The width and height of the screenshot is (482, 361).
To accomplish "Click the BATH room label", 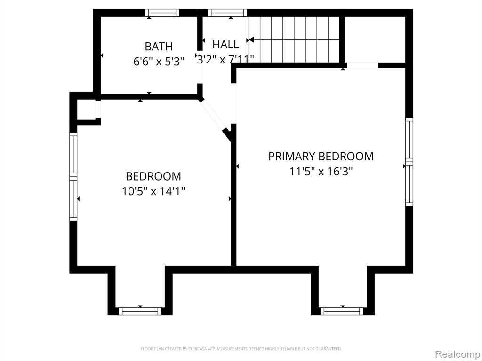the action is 159,47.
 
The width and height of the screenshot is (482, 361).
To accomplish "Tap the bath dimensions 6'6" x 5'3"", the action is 159,62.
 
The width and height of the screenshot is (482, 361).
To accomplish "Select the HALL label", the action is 225,45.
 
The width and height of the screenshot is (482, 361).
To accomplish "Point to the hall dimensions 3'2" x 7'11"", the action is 225,59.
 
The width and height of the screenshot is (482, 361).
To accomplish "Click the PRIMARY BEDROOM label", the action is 321,156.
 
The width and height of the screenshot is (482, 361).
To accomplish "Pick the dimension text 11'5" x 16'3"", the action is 321,171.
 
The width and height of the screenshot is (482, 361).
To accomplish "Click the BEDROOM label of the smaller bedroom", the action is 153,176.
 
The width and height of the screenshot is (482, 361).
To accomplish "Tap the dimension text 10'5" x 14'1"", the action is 153,192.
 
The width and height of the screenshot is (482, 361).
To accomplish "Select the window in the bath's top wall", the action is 162,13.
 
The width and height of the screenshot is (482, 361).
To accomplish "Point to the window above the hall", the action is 227,13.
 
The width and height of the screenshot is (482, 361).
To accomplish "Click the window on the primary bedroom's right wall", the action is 409,162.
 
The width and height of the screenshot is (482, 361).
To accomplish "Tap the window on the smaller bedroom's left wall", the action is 73,177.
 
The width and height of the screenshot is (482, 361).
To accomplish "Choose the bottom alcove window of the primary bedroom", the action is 342,312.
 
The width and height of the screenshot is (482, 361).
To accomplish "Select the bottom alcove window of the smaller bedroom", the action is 140,312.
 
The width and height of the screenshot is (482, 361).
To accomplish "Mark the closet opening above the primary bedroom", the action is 362,65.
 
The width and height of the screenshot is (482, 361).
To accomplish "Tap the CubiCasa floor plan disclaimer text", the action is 241,349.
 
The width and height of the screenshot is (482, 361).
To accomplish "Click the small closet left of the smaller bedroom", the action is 86,109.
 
